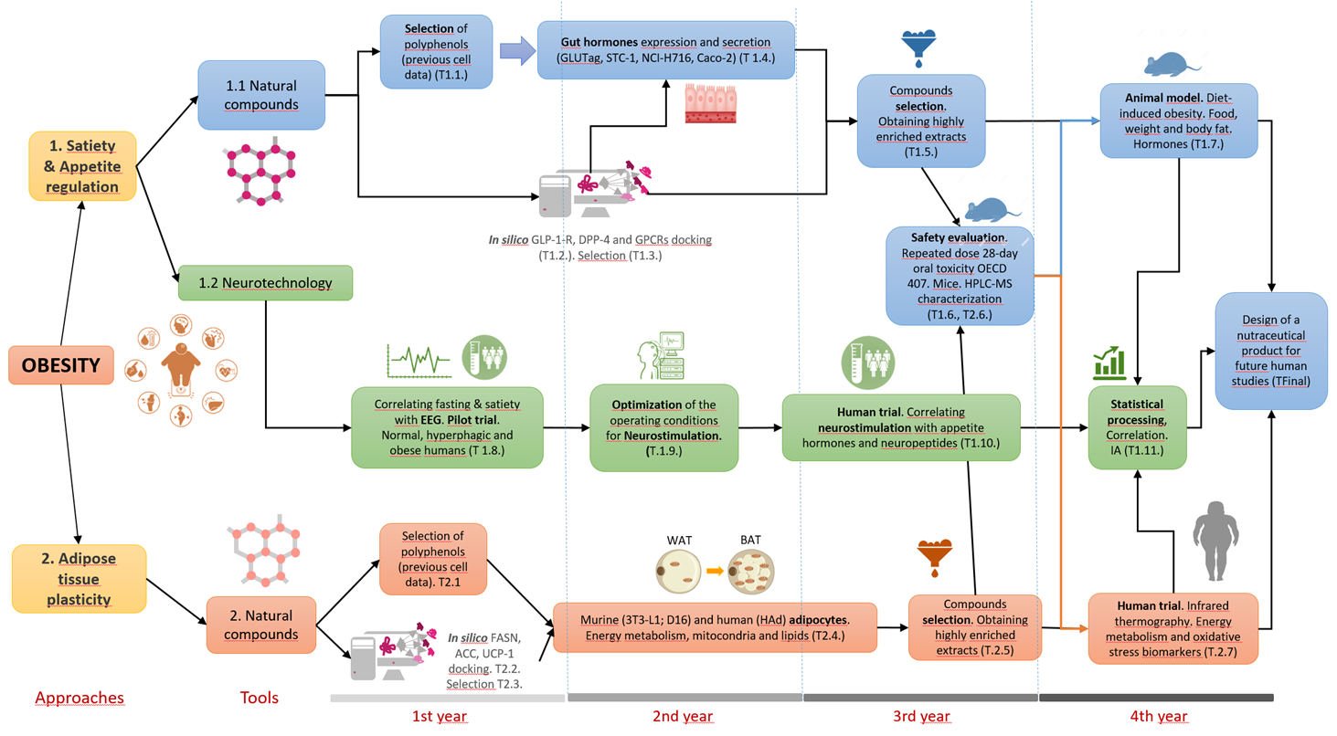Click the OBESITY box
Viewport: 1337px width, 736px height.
[61, 364]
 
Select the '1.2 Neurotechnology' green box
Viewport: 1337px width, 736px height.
[265, 283]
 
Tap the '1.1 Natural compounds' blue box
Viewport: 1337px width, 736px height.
[261, 95]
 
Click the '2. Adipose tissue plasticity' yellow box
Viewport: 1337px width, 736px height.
[79, 579]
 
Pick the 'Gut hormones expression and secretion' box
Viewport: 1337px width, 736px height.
[665, 50]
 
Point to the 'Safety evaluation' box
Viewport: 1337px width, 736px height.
[960, 276]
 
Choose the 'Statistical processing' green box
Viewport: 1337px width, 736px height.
[1137, 427]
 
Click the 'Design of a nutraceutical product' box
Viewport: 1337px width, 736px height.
[1271, 351]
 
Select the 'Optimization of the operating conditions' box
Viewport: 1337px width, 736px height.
[663, 427]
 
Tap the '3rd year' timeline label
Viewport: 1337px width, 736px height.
[921, 716]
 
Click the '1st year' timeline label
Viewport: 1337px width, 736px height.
[440, 716]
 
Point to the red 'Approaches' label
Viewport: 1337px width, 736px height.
[80, 698]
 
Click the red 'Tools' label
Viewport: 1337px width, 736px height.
[259, 698]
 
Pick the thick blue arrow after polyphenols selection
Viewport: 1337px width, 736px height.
[517, 51]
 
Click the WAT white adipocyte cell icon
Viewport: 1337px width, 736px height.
[678, 571]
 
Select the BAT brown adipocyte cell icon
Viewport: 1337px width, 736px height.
[751, 572]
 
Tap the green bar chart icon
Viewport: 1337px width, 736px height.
[1109, 363]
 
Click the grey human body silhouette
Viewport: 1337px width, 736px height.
[1215, 541]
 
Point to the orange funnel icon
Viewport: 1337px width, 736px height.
[935, 557]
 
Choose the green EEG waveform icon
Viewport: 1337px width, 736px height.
[419, 361]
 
